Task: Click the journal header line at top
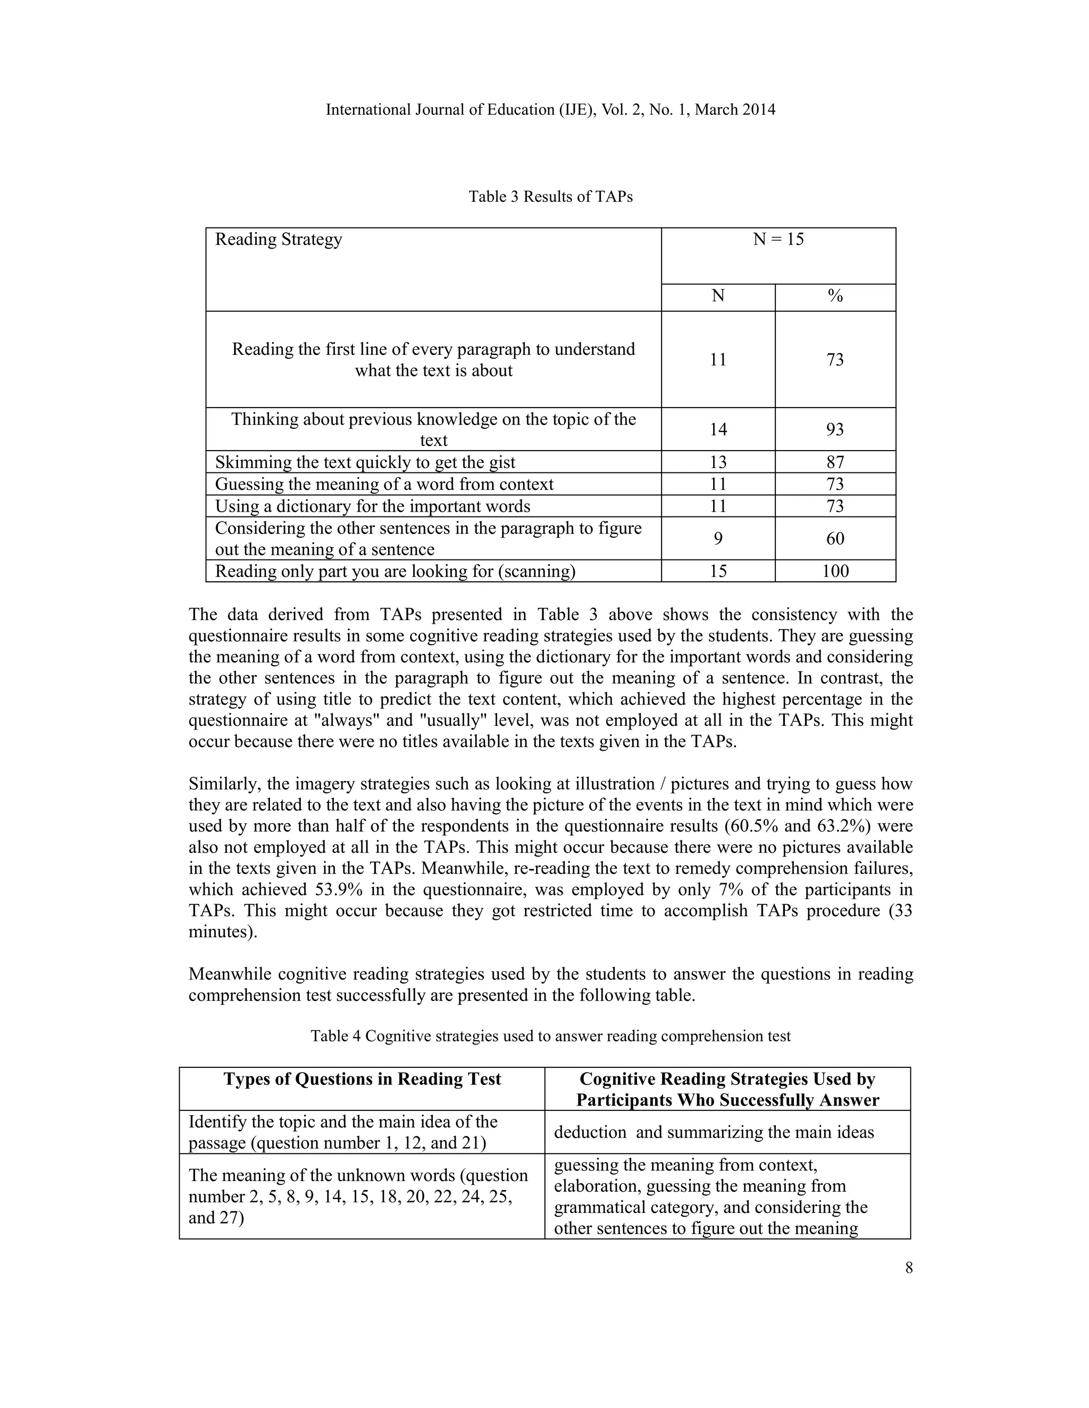pyautogui.click(x=550, y=109)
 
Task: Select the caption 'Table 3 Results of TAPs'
pyautogui.click(x=550, y=197)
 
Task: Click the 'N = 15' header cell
pyautogui.click(x=778, y=240)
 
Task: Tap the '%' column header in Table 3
pyautogui.click(x=835, y=296)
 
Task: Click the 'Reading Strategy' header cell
pyautogui.click(x=278, y=240)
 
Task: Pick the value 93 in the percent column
pyautogui.click(x=835, y=429)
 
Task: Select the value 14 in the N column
pyautogui.click(x=718, y=429)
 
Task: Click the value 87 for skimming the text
pyautogui.click(x=835, y=462)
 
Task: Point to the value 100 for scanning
pyautogui.click(x=835, y=571)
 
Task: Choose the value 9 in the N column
pyautogui.click(x=718, y=538)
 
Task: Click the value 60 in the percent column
pyautogui.click(x=835, y=538)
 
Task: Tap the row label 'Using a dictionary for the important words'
pyautogui.click(x=372, y=506)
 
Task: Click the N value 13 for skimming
pyautogui.click(x=718, y=462)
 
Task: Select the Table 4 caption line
pyautogui.click(x=550, y=1036)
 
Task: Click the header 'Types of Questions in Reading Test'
pyautogui.click(x=362, y=1079)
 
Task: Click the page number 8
pyautogui.click(x=908, y=1268)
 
